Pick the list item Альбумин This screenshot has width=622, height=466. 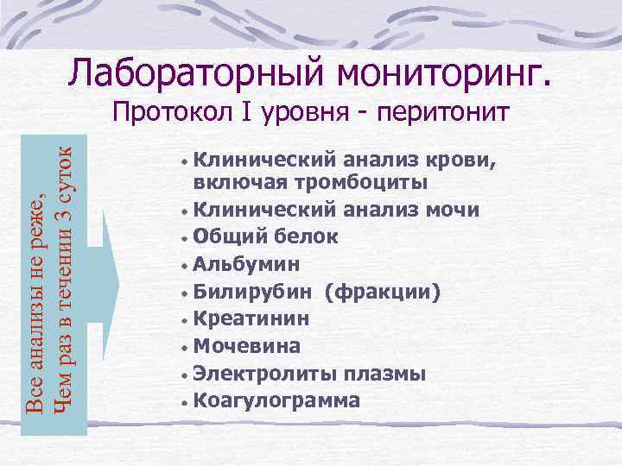(x=245, y=264)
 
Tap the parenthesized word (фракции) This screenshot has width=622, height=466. (x=383, y=292)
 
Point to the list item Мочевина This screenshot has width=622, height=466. (x=246, y=346)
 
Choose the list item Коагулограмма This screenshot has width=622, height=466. (x=276, y=400)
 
